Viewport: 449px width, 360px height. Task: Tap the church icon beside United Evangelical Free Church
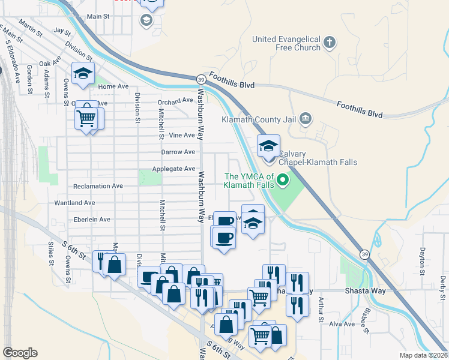click(329, 43)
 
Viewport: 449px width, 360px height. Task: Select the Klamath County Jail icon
click(306, 119)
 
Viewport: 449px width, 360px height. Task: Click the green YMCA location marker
click(282, 179)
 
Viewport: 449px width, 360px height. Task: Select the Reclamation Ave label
click(97, 186)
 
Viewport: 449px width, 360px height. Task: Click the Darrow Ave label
click(178, 152)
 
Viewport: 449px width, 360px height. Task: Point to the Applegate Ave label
click(173, 169)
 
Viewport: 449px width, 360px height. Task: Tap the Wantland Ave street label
click(93, 203)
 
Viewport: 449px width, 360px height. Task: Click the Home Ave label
click(113, 86)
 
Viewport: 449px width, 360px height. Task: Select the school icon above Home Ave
click(82, 74)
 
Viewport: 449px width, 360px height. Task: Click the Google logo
click(20, 353)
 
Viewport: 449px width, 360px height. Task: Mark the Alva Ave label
click(340, 324)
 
